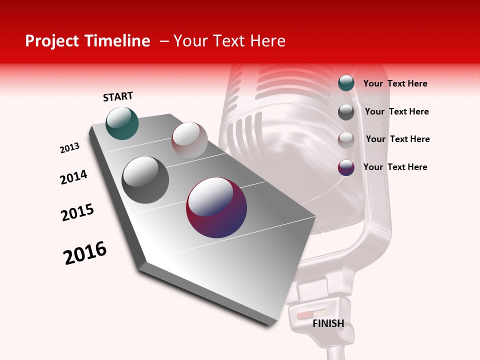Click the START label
(118, 96)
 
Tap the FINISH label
(328, 323)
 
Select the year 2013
(69, 148)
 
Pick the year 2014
(73, 177)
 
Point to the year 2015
(77, 212)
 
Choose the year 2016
(85, 252)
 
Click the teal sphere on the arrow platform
(122, 123)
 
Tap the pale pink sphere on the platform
(189, 139)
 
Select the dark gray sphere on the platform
(145, 179)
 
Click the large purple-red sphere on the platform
(216, 207)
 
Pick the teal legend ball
(346, 83)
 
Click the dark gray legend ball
(346, 112)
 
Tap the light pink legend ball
(346, 140)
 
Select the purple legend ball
(346, 167)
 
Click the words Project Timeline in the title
(87, 41)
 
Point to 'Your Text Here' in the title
(229, 41)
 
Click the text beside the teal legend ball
(395, 83)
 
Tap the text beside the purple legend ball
(395, 167)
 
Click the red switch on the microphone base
(304, 316)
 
